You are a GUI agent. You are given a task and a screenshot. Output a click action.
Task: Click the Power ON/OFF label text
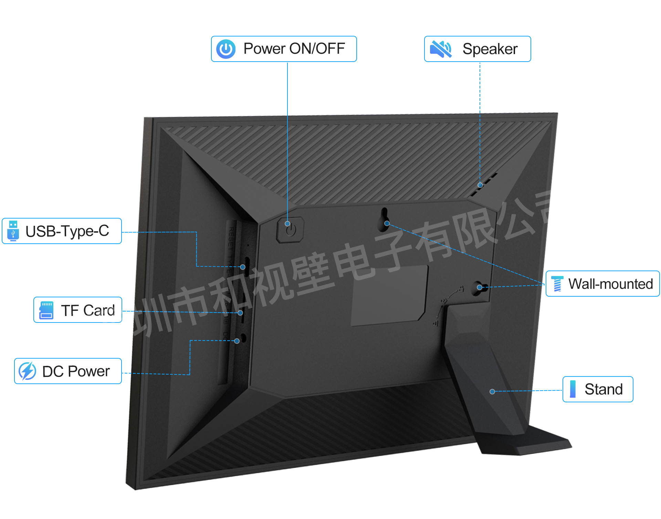click(x=294, y=49)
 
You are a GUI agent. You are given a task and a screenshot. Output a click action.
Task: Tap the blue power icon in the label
click(x=226, y=49)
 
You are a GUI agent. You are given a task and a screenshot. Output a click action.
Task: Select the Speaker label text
click(x=490, y=49)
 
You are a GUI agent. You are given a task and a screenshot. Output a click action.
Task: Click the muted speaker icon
click(x=441, y=49)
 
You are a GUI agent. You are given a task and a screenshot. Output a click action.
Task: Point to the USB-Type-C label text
click(x=67, y=231)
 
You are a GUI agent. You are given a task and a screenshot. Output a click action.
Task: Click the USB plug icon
click(x=13, y=231)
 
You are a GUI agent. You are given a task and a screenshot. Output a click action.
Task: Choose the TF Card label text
click(x=88, y=310)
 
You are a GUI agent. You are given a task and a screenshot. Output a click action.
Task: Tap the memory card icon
click(x=46, y=310)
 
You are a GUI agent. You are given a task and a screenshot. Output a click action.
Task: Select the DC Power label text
click(x=76, y=371)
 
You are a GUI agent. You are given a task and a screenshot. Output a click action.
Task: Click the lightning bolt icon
click(x=27, y=371)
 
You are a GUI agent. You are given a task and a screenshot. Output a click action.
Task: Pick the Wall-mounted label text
click(x=610, y=284)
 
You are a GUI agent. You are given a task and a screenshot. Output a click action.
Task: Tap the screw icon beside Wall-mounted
click(x=557, y=284)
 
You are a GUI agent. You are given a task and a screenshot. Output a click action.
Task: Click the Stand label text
click(x=604, y=389)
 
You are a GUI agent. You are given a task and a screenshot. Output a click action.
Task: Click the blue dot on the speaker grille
click(x=480, y=185)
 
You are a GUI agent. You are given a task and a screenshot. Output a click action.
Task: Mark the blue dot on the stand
click(x=492, y=392)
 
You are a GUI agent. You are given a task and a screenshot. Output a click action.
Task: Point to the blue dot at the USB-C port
click(x=243, y=267)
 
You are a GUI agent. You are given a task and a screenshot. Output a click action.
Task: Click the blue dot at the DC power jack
click(x=237, y=341)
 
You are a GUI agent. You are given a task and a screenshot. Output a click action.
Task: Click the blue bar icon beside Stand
click(x=573, y=389)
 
